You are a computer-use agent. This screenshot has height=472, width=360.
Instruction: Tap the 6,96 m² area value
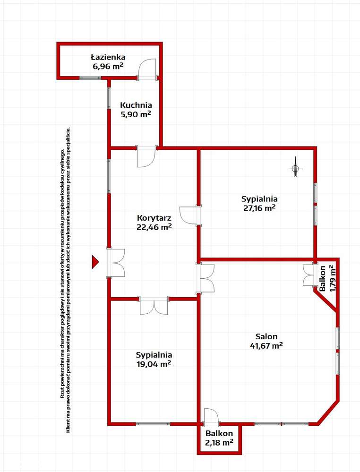click(x=108, y=66)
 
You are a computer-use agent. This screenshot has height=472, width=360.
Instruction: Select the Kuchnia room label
click(x=136, y=105)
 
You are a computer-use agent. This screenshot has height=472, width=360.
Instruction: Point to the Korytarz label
click(x=154, y=218)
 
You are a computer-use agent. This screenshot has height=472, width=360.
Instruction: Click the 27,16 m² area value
click(x=259, y=208)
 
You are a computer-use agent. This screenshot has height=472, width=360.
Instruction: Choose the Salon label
click(x=266, y=336)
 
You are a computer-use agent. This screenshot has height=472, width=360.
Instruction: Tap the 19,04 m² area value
click(x=154, y=364)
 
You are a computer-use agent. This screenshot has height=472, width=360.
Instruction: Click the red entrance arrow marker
click(x=95, y=262)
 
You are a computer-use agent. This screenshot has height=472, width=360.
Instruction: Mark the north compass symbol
click(x=296, y=168)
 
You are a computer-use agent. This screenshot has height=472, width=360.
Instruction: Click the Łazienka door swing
click(x=147, y=69)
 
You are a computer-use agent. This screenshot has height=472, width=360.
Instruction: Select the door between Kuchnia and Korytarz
click(x=146, y=156)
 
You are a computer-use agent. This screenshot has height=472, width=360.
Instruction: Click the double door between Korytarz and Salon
click(x=206, y=278)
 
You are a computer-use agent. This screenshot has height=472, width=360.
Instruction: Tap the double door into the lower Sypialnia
click(x=154, y=306)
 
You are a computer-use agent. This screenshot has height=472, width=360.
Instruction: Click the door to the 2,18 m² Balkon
click(x=212, y=417)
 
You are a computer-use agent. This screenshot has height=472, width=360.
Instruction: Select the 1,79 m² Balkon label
click(x=327, y=279)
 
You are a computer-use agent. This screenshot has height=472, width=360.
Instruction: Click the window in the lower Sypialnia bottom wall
click(x=153, y=424)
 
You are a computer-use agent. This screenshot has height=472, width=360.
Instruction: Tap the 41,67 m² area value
click(x=266, y=345)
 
